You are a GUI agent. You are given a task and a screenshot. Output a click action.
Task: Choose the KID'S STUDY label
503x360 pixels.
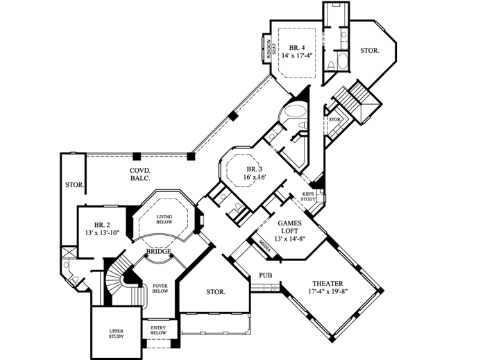click(x=308, y=197)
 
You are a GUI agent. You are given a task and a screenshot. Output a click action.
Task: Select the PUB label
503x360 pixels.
click(x=265, y=275)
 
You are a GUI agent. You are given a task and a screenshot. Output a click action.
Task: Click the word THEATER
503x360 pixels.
click(x=327, y=283)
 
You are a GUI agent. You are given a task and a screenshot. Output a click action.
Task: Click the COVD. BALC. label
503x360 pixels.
click(x=140, y=174)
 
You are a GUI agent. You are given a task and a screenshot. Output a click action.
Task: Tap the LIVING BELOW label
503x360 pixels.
click(x=164, y=220)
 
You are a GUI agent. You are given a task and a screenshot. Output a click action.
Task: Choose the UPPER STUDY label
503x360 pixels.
click(x=115, y=335)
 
